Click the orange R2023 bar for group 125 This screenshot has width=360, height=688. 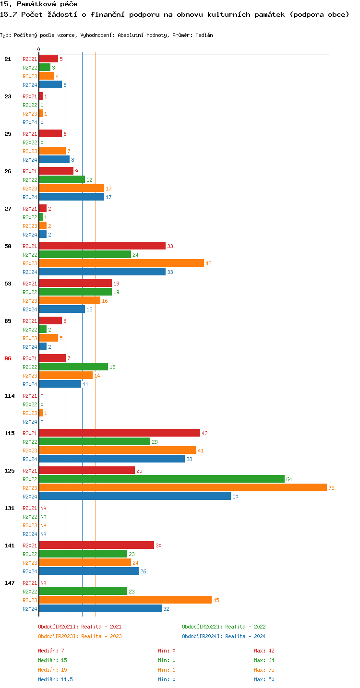coord(182,488)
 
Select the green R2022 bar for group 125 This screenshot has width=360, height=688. coord(162,479)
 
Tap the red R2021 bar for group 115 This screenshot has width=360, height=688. coord(120,433)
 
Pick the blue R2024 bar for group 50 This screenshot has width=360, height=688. coord(102,272)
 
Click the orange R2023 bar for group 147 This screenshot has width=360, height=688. coord(125,600)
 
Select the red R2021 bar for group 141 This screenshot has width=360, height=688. coord(96,546)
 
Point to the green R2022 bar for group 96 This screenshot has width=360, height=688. coord(73,367)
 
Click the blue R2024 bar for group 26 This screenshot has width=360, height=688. coord(72,197)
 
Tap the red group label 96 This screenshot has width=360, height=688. coord(8,358)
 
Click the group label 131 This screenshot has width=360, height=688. coord(10,508)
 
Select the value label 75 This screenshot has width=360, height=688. coord(331,488)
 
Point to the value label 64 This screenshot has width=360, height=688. coord(289,479)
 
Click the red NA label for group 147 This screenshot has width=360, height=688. coord(43,583)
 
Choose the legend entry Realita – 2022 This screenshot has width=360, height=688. coord(224,627)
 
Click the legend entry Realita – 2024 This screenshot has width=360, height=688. coord(224,636)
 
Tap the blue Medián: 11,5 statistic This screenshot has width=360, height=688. coord(56,679)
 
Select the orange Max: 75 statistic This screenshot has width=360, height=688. coord(264,670)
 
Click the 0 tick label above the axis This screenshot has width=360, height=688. coord(39,49)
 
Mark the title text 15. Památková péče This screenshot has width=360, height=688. coord(39,4)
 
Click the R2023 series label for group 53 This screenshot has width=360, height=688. coord(30,301)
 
